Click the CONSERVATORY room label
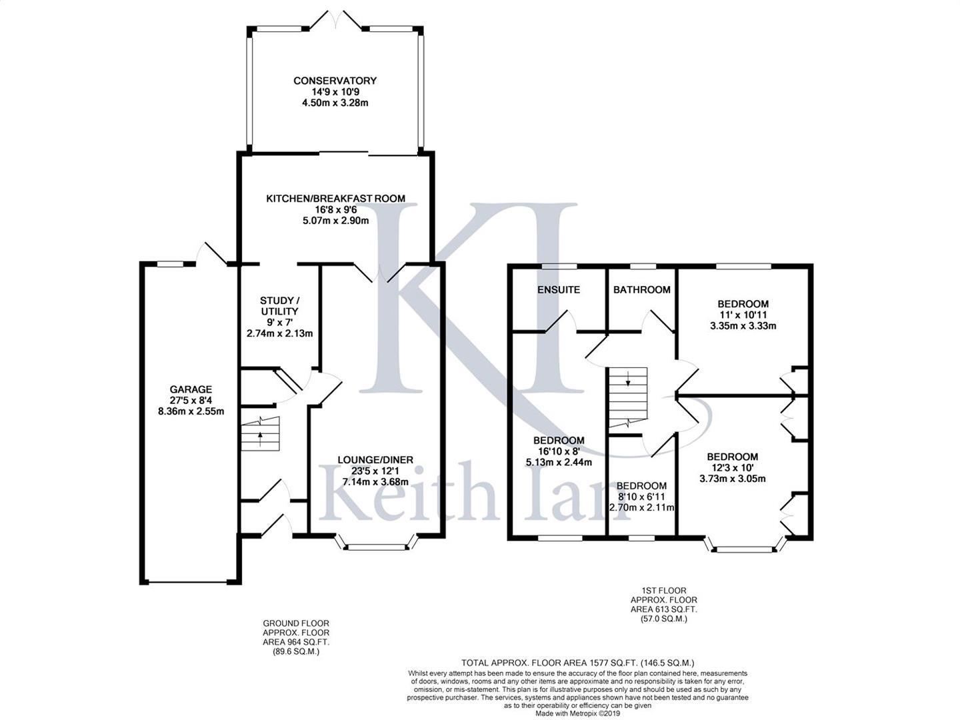335,81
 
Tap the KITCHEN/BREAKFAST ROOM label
335,199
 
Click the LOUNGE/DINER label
375,459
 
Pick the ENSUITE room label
559,289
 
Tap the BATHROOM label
641,289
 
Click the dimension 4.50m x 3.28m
335,103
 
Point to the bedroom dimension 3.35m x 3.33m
743,326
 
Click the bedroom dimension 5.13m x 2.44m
559,462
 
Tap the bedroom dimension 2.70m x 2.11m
641,507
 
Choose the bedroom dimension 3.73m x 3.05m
732,479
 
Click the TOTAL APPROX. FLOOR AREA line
578,663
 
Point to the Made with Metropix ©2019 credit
578,713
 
